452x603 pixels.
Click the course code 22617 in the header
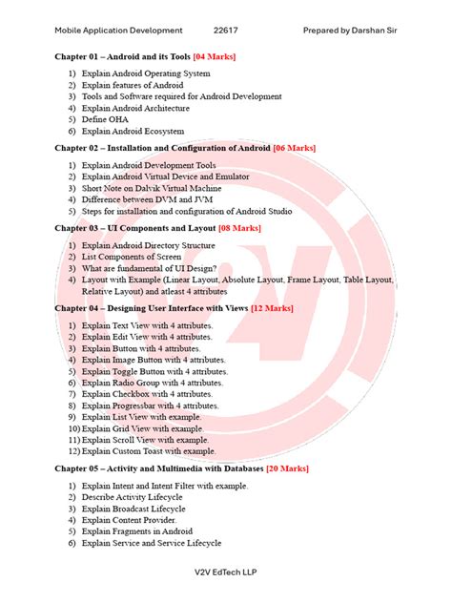click(226, 31)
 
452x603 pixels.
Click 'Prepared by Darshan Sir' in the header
click(350, 31)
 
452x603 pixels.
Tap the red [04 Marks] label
click(215, 57)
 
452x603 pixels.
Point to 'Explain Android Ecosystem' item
click(133, 131)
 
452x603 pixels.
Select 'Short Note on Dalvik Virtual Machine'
click(152, 188)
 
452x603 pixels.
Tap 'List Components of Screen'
click(132, 257)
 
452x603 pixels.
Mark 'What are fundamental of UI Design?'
click(149, 268)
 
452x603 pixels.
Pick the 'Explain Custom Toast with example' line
click(149, 451)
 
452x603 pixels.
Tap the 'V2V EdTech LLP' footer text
click(226, 572)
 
